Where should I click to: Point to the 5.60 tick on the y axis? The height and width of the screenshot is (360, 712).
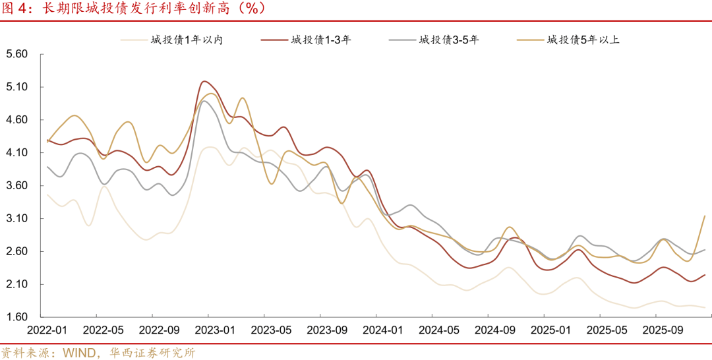[x=16, y=54]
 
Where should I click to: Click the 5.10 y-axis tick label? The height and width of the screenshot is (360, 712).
[x=16, y=87]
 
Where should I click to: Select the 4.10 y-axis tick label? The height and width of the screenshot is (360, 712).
[x=16, y=153]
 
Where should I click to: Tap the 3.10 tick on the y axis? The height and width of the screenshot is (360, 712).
[x=16, y=219]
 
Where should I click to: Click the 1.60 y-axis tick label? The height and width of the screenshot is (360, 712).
[x=16, y=318]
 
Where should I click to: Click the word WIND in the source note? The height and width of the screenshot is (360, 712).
[x=78, y=353]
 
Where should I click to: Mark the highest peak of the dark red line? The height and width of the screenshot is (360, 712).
[x=204, y=81]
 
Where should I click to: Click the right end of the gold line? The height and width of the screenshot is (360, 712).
[x=705, y=216]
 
